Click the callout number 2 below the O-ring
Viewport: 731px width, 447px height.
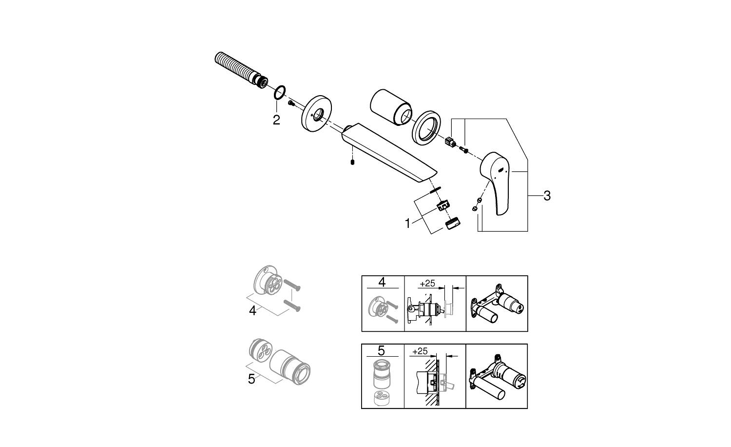coord(276,120)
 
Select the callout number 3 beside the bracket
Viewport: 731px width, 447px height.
coord(547,196)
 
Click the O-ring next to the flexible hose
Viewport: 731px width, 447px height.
coord(280,92)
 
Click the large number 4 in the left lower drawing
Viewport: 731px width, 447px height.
coord(252,310)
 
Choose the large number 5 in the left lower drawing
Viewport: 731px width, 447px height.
coord(251,379)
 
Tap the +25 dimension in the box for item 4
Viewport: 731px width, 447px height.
coord(427,283)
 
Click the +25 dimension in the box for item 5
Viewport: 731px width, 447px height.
coord(420,351)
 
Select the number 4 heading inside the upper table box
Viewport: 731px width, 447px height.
coord(382,282)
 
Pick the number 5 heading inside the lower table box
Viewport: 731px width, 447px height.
coord(382,350)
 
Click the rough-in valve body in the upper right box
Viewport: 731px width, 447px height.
coord(497,305)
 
